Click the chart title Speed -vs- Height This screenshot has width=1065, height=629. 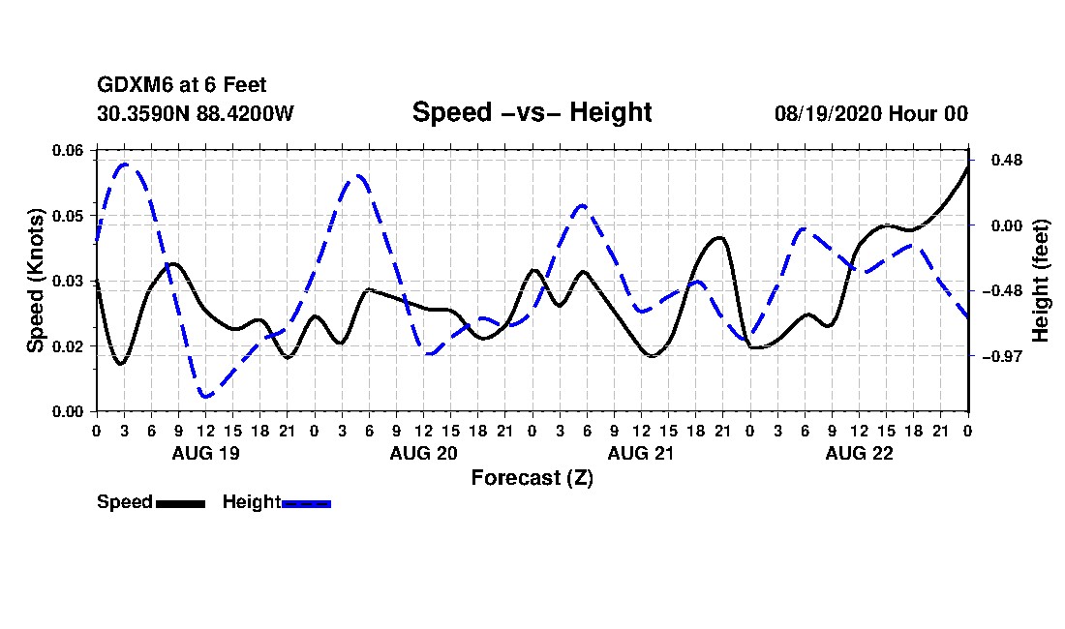532,112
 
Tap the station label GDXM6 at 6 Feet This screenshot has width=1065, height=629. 181,85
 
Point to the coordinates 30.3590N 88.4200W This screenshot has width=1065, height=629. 196,113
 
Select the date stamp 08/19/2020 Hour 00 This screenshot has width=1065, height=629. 870,113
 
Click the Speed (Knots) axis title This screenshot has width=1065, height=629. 35,281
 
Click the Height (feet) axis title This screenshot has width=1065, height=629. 1041,281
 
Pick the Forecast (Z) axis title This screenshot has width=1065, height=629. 532,478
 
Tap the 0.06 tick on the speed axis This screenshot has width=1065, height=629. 68,150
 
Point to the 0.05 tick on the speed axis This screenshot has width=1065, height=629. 68,216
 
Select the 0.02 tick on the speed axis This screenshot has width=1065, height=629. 68,346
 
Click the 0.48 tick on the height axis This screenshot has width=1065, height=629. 1007,160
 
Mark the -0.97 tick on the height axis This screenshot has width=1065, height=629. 1002,356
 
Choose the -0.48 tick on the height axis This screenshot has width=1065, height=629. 1002,291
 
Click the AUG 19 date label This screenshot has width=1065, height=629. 206,453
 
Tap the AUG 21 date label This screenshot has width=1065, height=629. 641,453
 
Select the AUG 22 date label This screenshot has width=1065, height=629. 859,453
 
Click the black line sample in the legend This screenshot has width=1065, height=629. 181,503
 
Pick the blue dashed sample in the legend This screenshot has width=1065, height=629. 306,503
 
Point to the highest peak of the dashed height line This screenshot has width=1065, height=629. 125,165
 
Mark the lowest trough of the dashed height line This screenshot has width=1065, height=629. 206,396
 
